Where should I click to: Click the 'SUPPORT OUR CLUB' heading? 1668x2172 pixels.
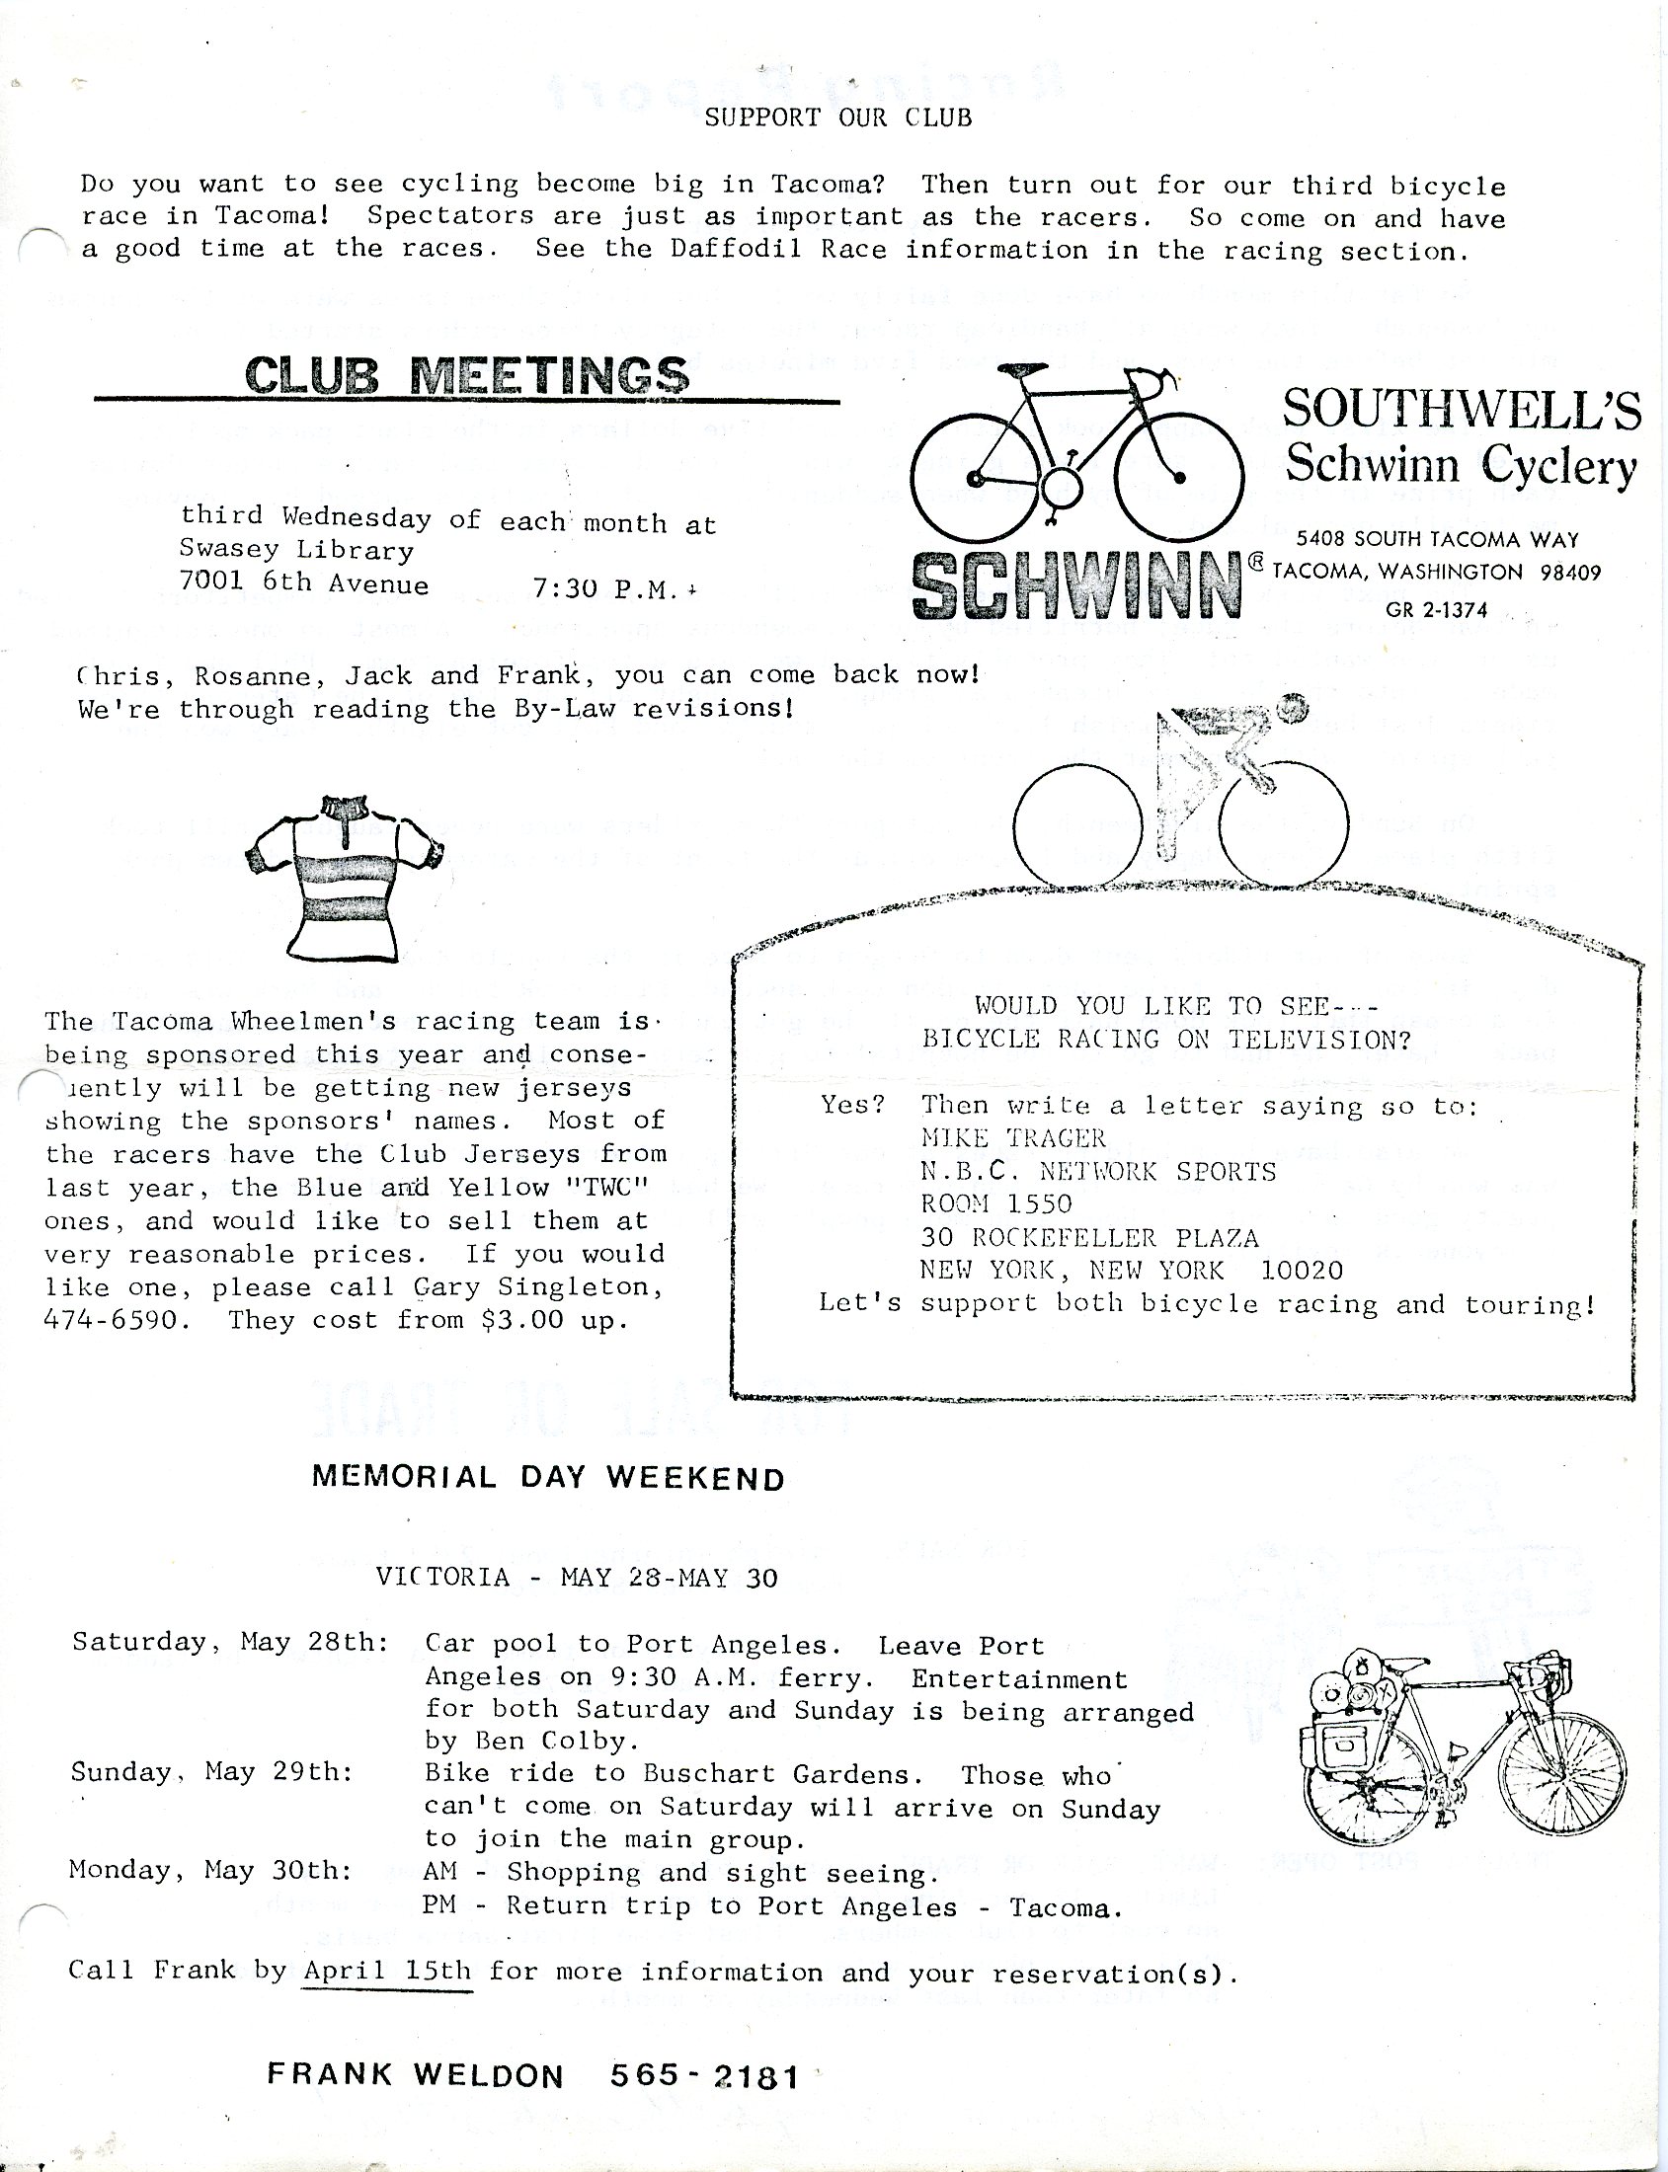point(838,118)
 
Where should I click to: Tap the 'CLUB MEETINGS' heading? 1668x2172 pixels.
point(467,375)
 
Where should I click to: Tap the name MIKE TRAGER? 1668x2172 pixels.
point(1012,1137)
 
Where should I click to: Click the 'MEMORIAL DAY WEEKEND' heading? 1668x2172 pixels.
point(548,1478)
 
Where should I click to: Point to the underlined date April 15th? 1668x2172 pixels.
point(387,1972)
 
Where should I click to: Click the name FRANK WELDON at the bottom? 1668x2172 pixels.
point(415,2074)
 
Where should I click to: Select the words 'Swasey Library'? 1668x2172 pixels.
point(296,551)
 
